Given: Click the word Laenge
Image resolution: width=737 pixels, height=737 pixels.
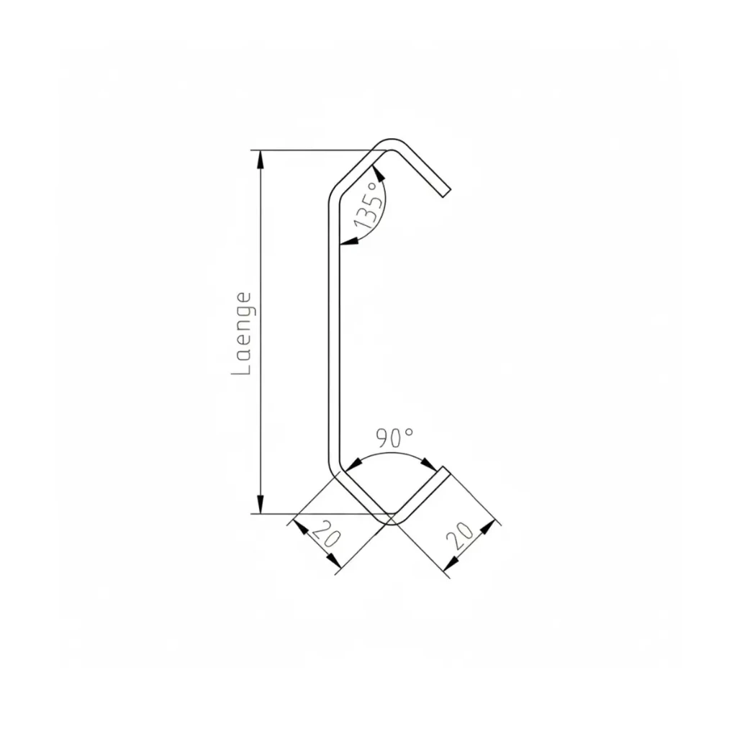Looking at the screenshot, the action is (242, 333).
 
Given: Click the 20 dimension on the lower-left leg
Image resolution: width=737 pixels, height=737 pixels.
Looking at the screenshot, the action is (325, 535).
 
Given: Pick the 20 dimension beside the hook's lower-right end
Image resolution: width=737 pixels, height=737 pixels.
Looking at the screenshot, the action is (459, 535).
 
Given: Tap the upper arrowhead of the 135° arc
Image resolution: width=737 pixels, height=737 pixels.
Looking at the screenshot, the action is (379, 173).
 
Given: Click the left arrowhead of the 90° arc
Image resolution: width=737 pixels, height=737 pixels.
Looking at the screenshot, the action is (353, 464).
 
